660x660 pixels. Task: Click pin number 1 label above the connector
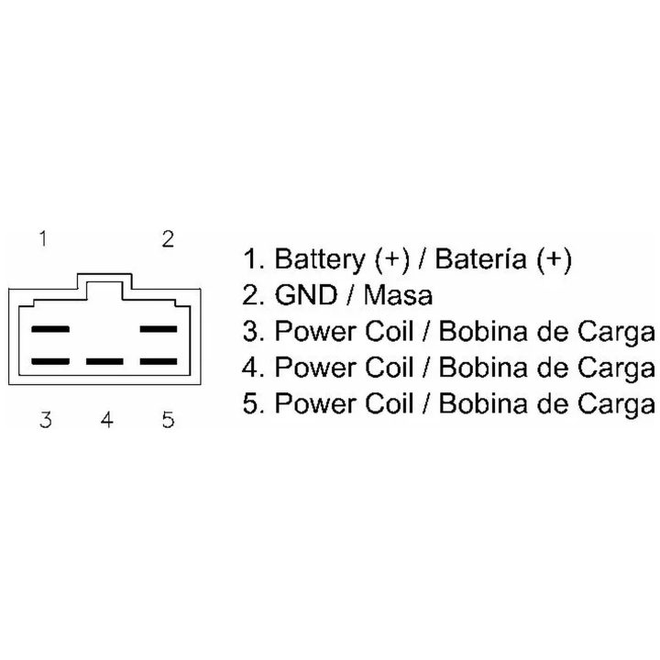coord(43,238)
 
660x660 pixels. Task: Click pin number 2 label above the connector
coord(168,239)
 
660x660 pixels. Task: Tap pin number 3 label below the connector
coord(46,420)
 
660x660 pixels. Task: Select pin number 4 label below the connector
coord(107,420)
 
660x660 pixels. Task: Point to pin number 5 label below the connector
coord(169,420)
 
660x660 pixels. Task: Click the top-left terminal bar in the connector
coord(50,329)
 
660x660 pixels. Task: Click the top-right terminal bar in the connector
coord(159,329)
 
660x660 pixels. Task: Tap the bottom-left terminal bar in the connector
coord(50,361)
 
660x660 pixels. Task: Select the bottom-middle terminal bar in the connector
coord(104,361)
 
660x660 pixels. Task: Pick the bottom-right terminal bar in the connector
coord(159,361)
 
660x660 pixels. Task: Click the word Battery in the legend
coord(320,259)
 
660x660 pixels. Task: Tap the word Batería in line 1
coord(480,258)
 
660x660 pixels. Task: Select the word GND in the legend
coord(306,295)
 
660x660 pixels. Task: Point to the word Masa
coord(398,295)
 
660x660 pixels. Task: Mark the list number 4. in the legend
coord(254,368)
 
